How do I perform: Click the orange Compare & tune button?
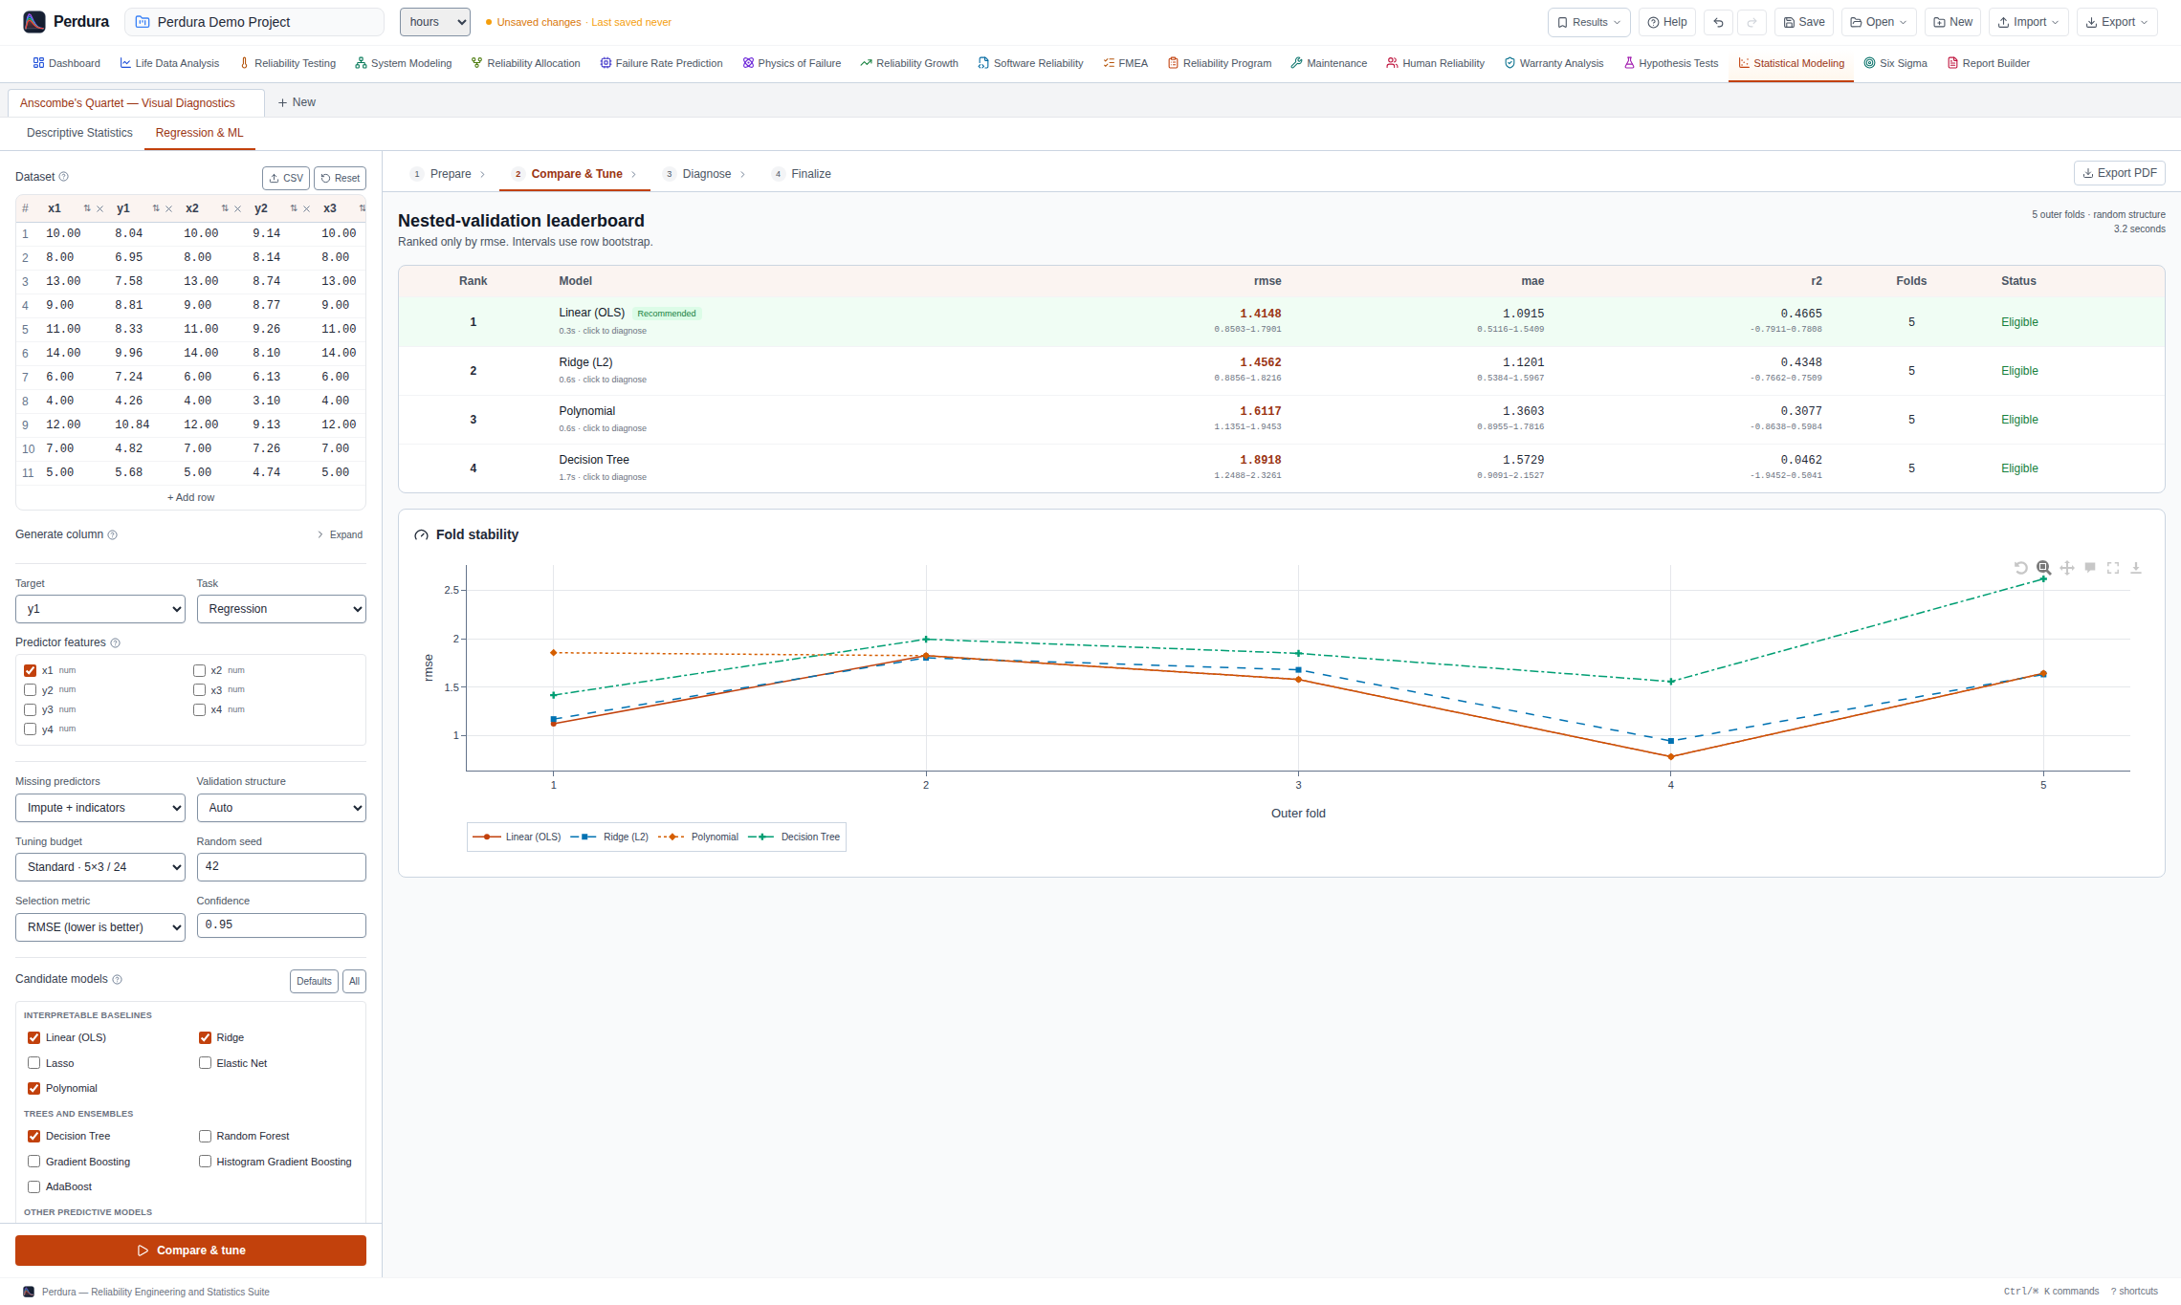[190, 1251]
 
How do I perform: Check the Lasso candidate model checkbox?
[34, 1063]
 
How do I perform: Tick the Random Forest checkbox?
[205, 1136]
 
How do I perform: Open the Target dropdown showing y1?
[100, 609]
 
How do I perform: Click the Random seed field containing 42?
[281, 867]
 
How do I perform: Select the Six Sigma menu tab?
[1895, 63]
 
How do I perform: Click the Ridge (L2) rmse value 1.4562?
[1261, 362]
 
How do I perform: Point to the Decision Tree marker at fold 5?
[2043, 579]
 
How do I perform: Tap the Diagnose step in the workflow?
[706, 174]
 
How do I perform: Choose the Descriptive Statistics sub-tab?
[79, 133]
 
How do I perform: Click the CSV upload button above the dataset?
[286, 178]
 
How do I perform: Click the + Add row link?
[191, 497]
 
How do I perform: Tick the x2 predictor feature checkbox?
[199, 671]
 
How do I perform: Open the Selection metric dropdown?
[100, 927]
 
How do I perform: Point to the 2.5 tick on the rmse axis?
[452, 590]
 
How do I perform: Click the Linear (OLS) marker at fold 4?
[1671, 757]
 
